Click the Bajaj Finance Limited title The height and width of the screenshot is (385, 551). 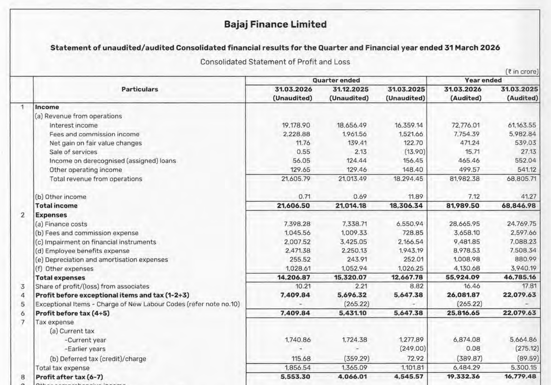point(275,24)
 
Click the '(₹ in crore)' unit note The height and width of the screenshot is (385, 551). point(522,72)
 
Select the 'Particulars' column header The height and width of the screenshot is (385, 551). point(139,89)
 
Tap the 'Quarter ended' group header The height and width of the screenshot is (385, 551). point(336,80)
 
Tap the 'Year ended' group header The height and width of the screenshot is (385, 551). point(483,80)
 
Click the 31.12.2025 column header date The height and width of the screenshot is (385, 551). point(350,89)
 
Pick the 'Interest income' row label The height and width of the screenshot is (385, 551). point(73,125)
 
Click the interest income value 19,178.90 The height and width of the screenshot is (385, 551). point(296,125)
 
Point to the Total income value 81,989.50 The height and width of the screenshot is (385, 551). point(462,206)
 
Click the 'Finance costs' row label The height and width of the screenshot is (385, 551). point(61,224)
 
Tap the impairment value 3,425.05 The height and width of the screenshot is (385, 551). point(354,242)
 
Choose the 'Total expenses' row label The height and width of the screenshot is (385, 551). point(60,278)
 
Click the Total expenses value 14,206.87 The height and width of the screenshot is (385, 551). point(293,277)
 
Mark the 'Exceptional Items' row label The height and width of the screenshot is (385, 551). point(137,304)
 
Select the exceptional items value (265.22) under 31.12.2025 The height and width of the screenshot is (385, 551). point(356,304)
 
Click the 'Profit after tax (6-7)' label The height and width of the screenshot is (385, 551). point(69,377)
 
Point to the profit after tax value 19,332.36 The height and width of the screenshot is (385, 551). point(462,376)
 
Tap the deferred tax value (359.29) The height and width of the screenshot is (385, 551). point(356,359)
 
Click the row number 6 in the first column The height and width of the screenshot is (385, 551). point(23,313)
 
